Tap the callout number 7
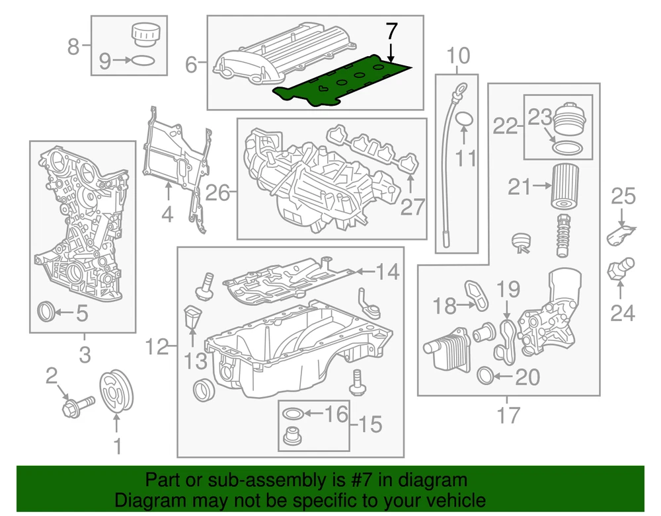pos(391,31)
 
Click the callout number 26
pos(218,193)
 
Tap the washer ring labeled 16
pos(292,415)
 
